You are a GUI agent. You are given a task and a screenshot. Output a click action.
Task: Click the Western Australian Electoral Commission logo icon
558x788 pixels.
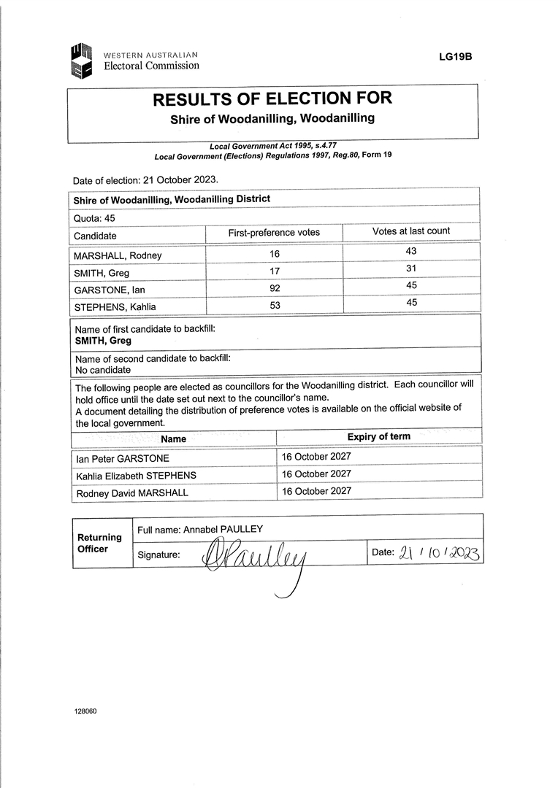[x=81, y=61]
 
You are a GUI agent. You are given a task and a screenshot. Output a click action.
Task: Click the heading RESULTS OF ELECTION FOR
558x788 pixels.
[x=272, y=99]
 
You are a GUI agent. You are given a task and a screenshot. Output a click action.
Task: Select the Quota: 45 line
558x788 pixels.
[x=94, y=217]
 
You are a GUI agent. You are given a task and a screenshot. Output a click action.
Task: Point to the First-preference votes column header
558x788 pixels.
[x=274, y=233]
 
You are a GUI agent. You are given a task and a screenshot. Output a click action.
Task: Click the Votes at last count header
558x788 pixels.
[x=411, y=231]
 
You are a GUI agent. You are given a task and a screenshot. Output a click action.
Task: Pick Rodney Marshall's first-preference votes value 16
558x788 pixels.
[x=275, y=254]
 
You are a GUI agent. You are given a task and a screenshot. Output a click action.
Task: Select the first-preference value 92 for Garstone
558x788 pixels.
[x=275, y=288]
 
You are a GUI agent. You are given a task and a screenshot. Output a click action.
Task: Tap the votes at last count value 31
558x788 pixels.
[x=412, y=269]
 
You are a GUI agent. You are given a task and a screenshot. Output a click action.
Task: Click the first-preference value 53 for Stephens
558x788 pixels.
[x=275, y=305]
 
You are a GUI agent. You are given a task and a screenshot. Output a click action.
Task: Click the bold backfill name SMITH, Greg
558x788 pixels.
[x=103, y=341]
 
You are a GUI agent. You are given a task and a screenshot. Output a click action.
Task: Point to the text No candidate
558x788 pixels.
[x=103, y=370]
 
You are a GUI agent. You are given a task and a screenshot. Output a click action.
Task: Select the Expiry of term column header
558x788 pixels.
[x=378, y=437]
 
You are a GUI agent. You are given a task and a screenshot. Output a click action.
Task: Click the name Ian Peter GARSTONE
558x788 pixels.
[x=123, y=459]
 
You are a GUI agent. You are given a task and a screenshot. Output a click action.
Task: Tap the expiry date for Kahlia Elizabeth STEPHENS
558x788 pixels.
[x=316, y=474]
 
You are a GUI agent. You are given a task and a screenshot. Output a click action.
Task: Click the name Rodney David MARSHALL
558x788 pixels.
[x=132, y=493]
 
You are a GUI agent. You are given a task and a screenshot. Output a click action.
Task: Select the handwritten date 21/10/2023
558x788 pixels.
[x=439, y=553]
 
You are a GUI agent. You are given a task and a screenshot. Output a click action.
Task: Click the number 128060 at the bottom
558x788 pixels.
[x=85, y=711]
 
